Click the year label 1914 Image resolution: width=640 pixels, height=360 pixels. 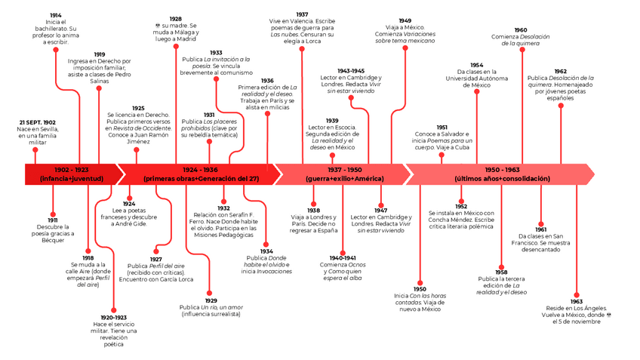point(56,15)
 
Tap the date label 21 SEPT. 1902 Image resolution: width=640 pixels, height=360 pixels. point(37,122)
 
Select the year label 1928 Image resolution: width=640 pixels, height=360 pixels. point(175,19)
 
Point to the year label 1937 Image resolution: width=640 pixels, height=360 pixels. point(302,14)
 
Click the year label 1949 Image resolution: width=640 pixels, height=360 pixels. point(405,20)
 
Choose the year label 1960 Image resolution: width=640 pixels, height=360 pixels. point(521,30)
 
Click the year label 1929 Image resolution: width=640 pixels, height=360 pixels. point(211,301)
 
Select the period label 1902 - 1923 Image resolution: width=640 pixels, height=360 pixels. point(72,170)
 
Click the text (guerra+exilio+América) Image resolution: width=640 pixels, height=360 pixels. point(344,179)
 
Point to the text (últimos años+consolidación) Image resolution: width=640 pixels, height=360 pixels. point(503,179)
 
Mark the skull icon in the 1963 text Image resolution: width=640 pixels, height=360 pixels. point(608,315)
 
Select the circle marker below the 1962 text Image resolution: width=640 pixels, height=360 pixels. point(560,106)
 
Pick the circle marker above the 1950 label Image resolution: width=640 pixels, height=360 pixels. point(420,282)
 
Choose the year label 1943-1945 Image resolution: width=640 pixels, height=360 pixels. point(352,70)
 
